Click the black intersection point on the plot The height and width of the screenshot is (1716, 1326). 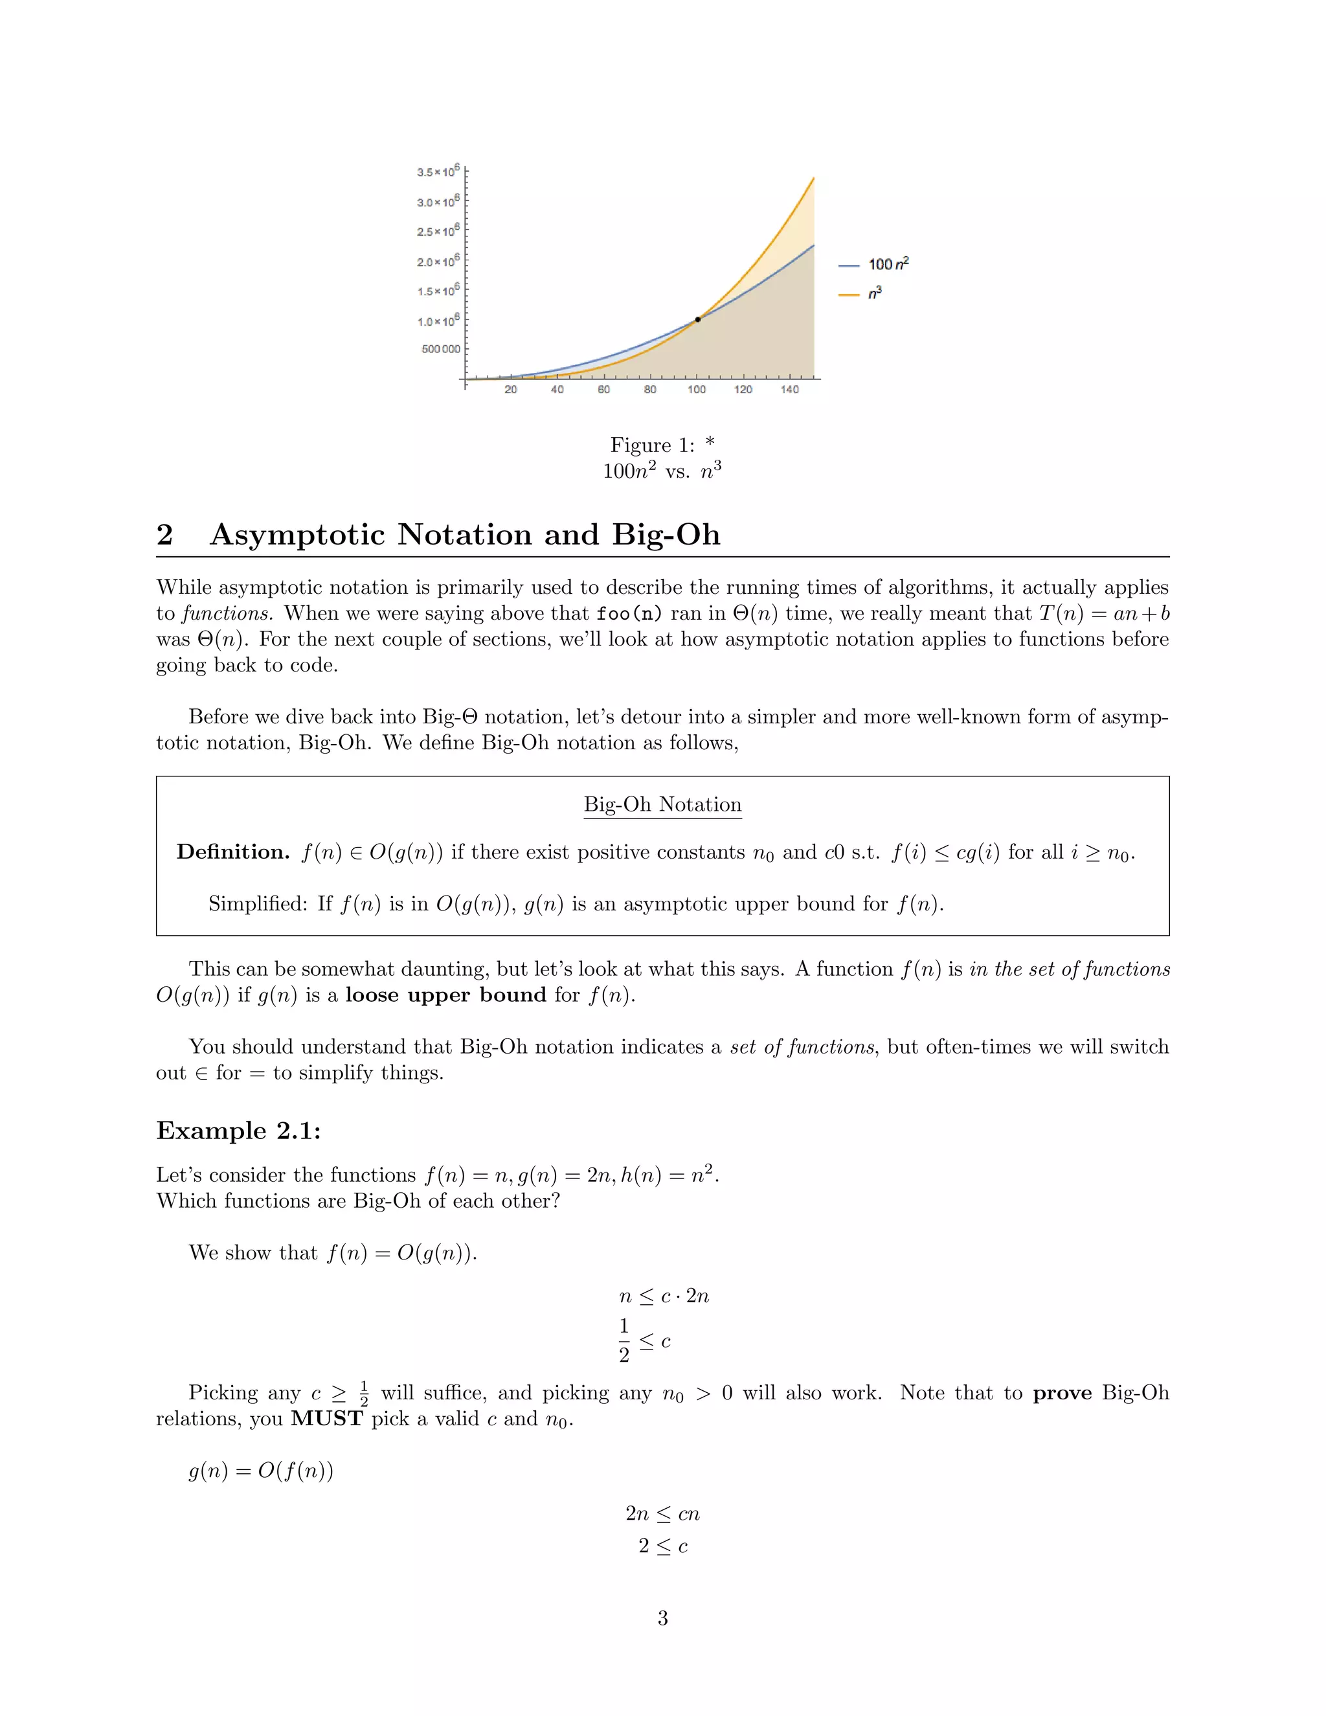tap(697, 319)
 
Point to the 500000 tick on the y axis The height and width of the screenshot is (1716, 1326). tap(441, 349)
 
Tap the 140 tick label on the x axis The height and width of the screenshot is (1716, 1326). tap(789, 390)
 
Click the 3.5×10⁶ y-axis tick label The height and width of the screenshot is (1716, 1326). tap(438, 172)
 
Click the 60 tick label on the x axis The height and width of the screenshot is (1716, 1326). tap(603, 390)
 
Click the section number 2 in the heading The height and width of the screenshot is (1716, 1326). tap(164, 535)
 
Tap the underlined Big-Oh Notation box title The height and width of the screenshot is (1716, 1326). tap(662, 804)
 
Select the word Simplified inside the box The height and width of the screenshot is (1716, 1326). tap(257, 905)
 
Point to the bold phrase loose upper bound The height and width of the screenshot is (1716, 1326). tap(445, 995)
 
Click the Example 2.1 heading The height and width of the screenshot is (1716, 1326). tap(238, 1131)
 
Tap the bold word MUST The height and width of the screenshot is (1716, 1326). tap(327, 1419)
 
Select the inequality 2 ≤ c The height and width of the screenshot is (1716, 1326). tap(662, 1546)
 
